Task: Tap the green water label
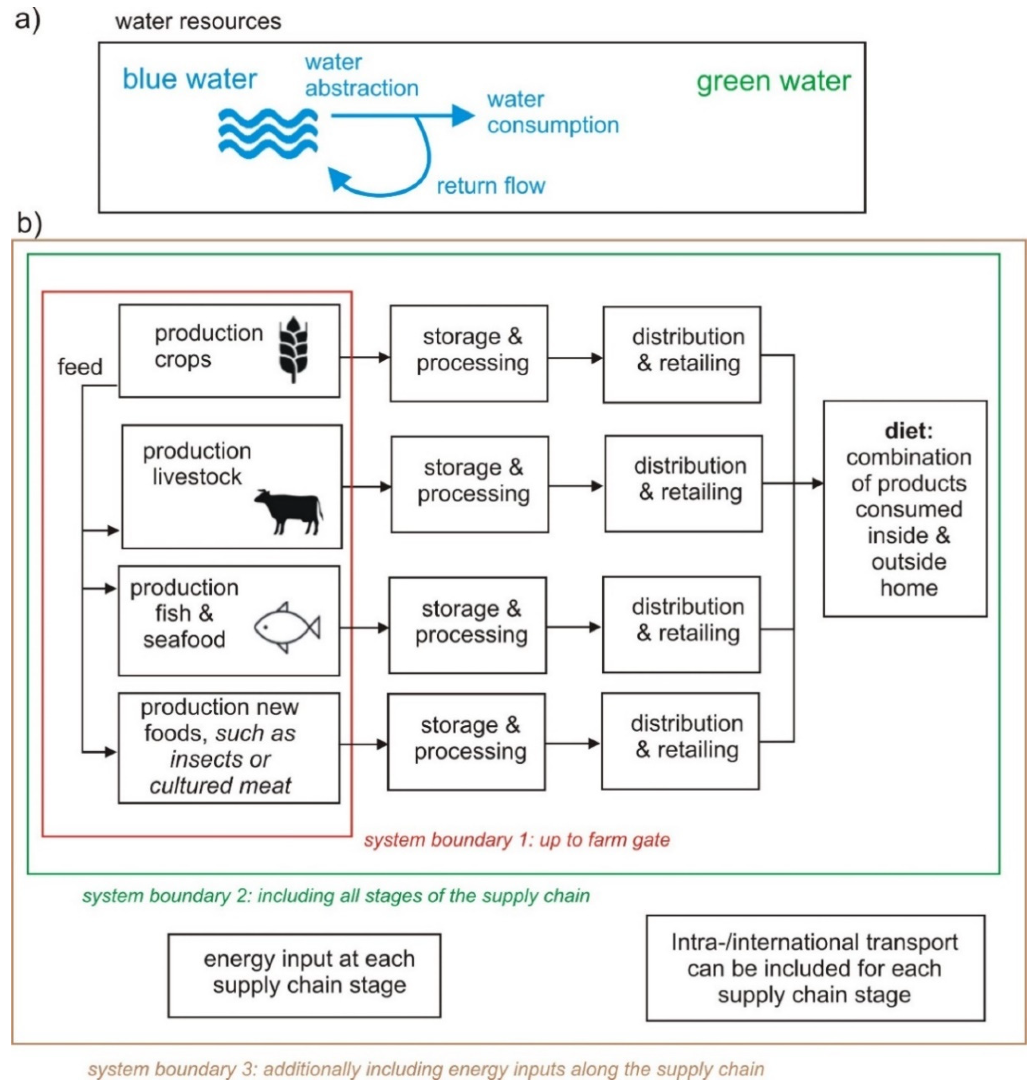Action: (x=773, y=81)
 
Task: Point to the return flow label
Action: (x=490, y=186)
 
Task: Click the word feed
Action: (x=80, y=367)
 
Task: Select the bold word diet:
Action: (x=908, y=431)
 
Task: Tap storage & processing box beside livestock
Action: (x=469, y=484)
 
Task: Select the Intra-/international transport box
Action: (x=815, y=967)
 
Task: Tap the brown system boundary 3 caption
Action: (x=426, y=1069)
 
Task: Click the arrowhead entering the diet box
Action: (x=817, y=483)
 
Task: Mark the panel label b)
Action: (x=29, y=224)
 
